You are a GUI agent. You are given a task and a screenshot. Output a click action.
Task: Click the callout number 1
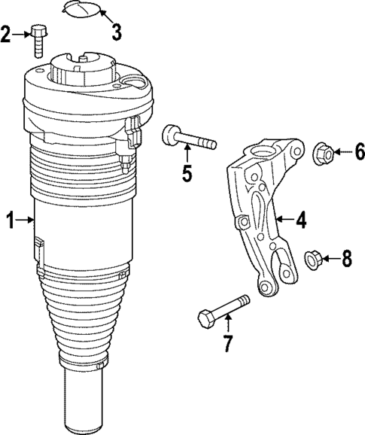(x=10, y=221)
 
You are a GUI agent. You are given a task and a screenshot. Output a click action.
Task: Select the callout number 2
(x=7, y=34)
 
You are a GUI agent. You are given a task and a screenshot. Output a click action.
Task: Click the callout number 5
(x=186, y=174)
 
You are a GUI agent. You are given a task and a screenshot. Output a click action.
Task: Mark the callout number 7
(x=228, y=343)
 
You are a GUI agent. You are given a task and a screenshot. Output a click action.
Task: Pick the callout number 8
(x=345, y=260)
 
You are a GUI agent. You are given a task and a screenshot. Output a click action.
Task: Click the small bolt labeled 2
(x=39, y=41)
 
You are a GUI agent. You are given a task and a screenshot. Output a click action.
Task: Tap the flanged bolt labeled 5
(x=187, y=140)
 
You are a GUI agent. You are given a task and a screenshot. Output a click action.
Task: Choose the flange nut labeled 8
(x=314, y=260)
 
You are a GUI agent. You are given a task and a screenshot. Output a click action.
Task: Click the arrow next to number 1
(x=26, y=221)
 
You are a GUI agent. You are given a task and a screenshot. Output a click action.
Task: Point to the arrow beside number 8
(x=331, y=260)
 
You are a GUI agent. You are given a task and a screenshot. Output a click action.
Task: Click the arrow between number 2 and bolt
(x=22, y=34)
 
